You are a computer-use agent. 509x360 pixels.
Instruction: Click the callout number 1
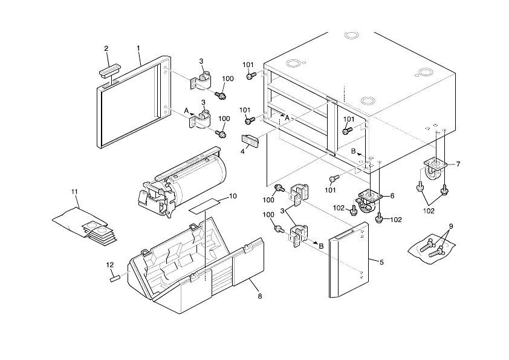pos(138,47)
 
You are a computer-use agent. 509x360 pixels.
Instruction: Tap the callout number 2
pos(106,48)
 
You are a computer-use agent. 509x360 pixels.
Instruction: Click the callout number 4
pos(242,152)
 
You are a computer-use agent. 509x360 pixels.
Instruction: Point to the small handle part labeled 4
pos(250,140)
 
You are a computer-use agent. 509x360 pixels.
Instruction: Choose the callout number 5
pos(381,261)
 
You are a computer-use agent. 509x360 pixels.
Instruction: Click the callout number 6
pos(392,195)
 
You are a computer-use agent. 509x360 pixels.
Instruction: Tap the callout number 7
pos(458,164)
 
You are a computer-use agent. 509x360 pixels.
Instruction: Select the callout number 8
pos(260,296)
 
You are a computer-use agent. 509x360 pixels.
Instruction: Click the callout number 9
pos(450,226)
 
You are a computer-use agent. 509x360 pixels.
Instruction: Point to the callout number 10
pos(233,196)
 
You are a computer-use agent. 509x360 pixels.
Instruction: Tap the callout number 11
pos(75,192)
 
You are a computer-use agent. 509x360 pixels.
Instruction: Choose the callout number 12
pos(109,264)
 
